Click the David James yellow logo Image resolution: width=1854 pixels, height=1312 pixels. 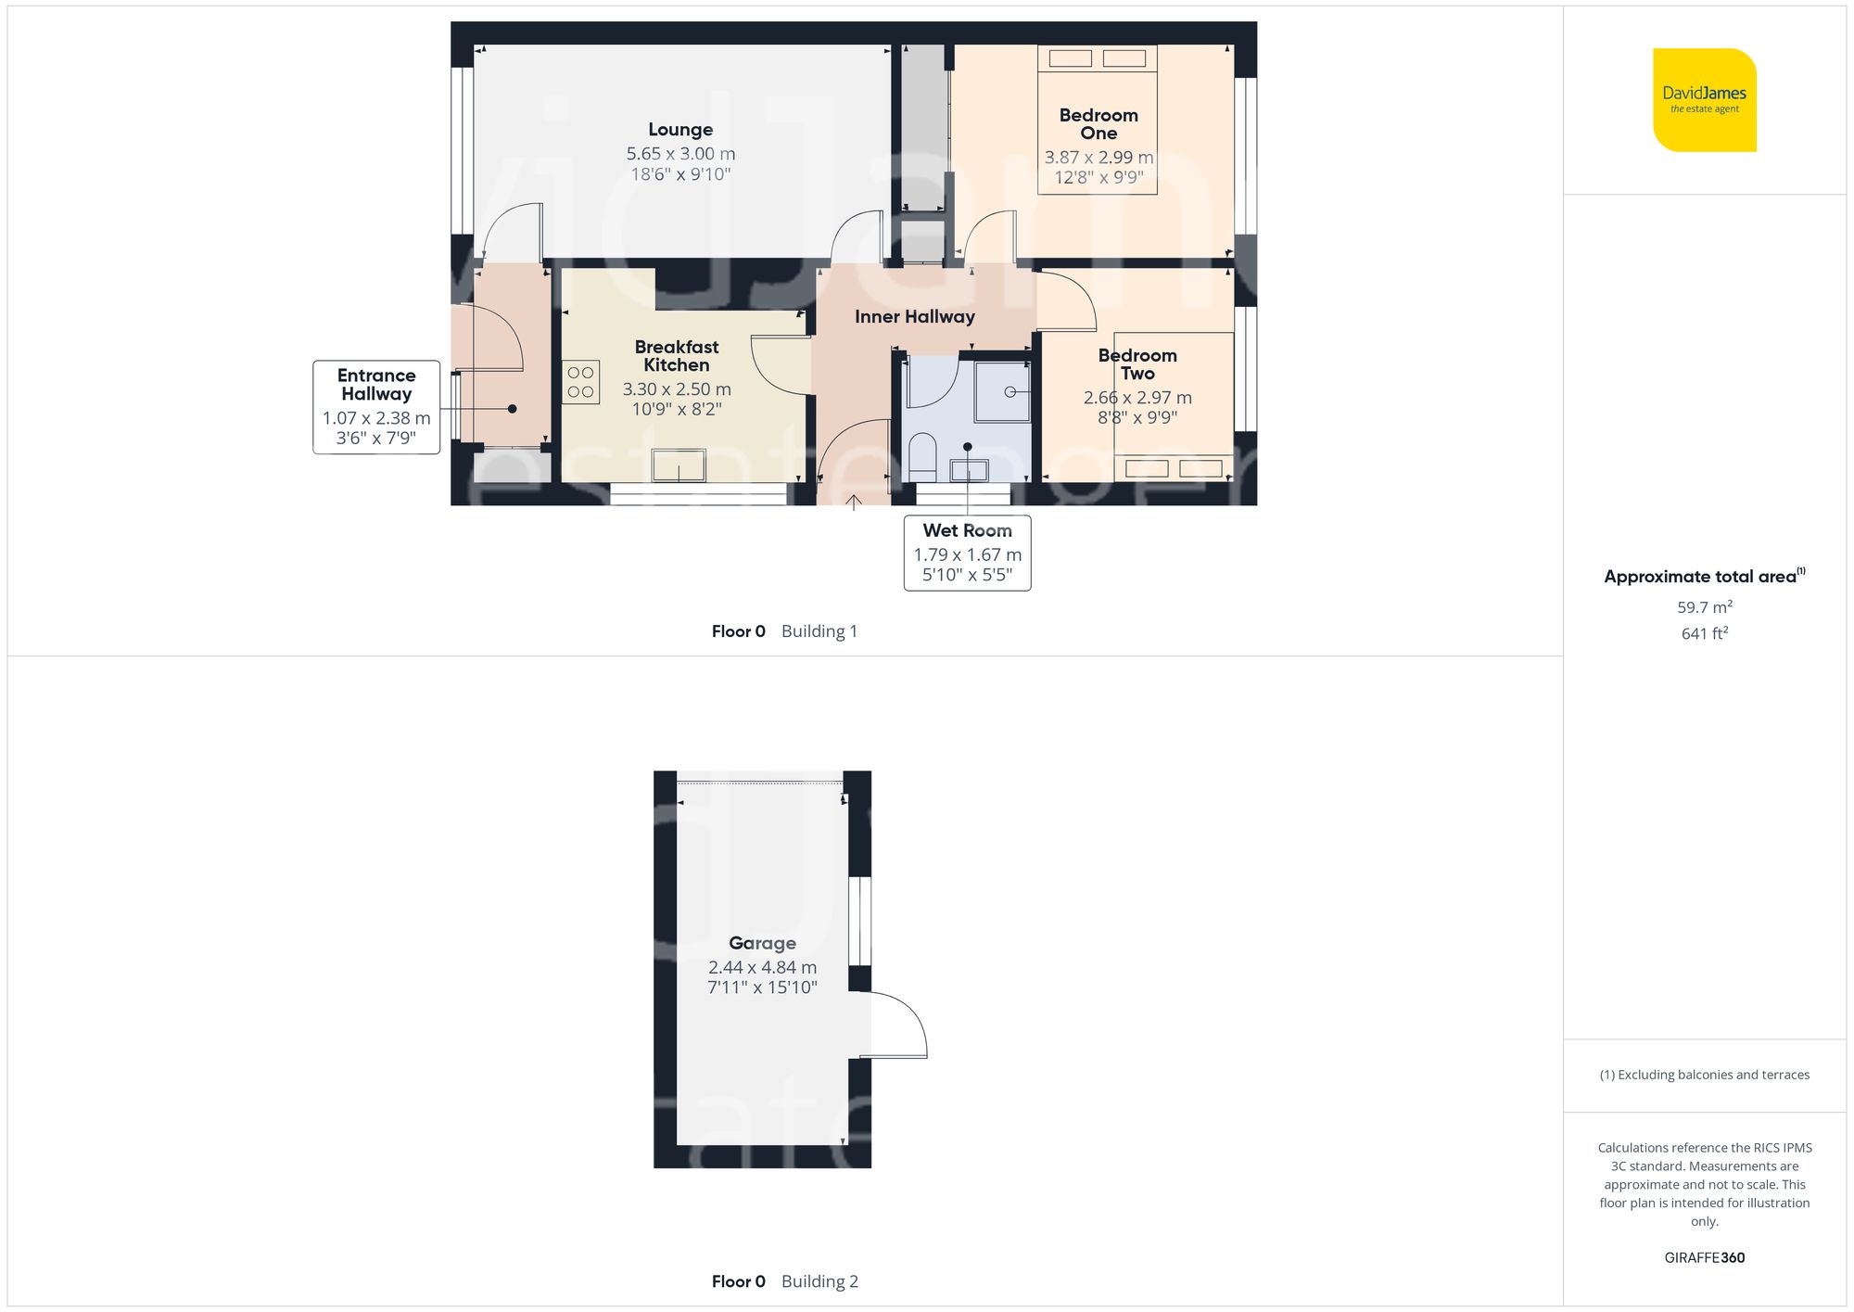tap(1704, 100)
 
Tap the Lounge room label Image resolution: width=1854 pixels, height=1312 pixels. tap(680, 130)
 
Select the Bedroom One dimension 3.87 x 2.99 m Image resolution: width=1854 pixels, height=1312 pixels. tap(1098, 158)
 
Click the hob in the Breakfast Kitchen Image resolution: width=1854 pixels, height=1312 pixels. tap(581, 382)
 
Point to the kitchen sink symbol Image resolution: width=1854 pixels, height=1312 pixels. tap(679, 465)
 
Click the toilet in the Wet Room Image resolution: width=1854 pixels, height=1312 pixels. tap(922, 457)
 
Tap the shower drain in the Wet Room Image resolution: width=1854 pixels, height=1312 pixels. tap(1010, 392)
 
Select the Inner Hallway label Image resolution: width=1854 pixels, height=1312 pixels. tap(914, 317)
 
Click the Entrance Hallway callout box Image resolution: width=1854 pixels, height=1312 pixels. tap(376, 406)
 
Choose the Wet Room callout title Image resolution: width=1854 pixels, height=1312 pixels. tap(967, 531)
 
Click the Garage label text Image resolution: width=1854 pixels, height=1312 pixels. tap(762, 944)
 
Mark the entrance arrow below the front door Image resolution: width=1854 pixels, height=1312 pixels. tap(854, 503)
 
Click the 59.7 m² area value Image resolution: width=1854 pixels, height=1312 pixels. tap(1704, 607)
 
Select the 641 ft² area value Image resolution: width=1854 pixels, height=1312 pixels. tap(1704, 633)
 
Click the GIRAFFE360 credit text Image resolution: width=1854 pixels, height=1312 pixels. tap(1704, 1258)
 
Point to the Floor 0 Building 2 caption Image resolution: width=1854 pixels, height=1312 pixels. tap(784, 1281)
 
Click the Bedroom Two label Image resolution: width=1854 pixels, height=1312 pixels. tap(1137, 364)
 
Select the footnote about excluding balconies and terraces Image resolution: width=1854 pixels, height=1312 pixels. tap(1704, 1075)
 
